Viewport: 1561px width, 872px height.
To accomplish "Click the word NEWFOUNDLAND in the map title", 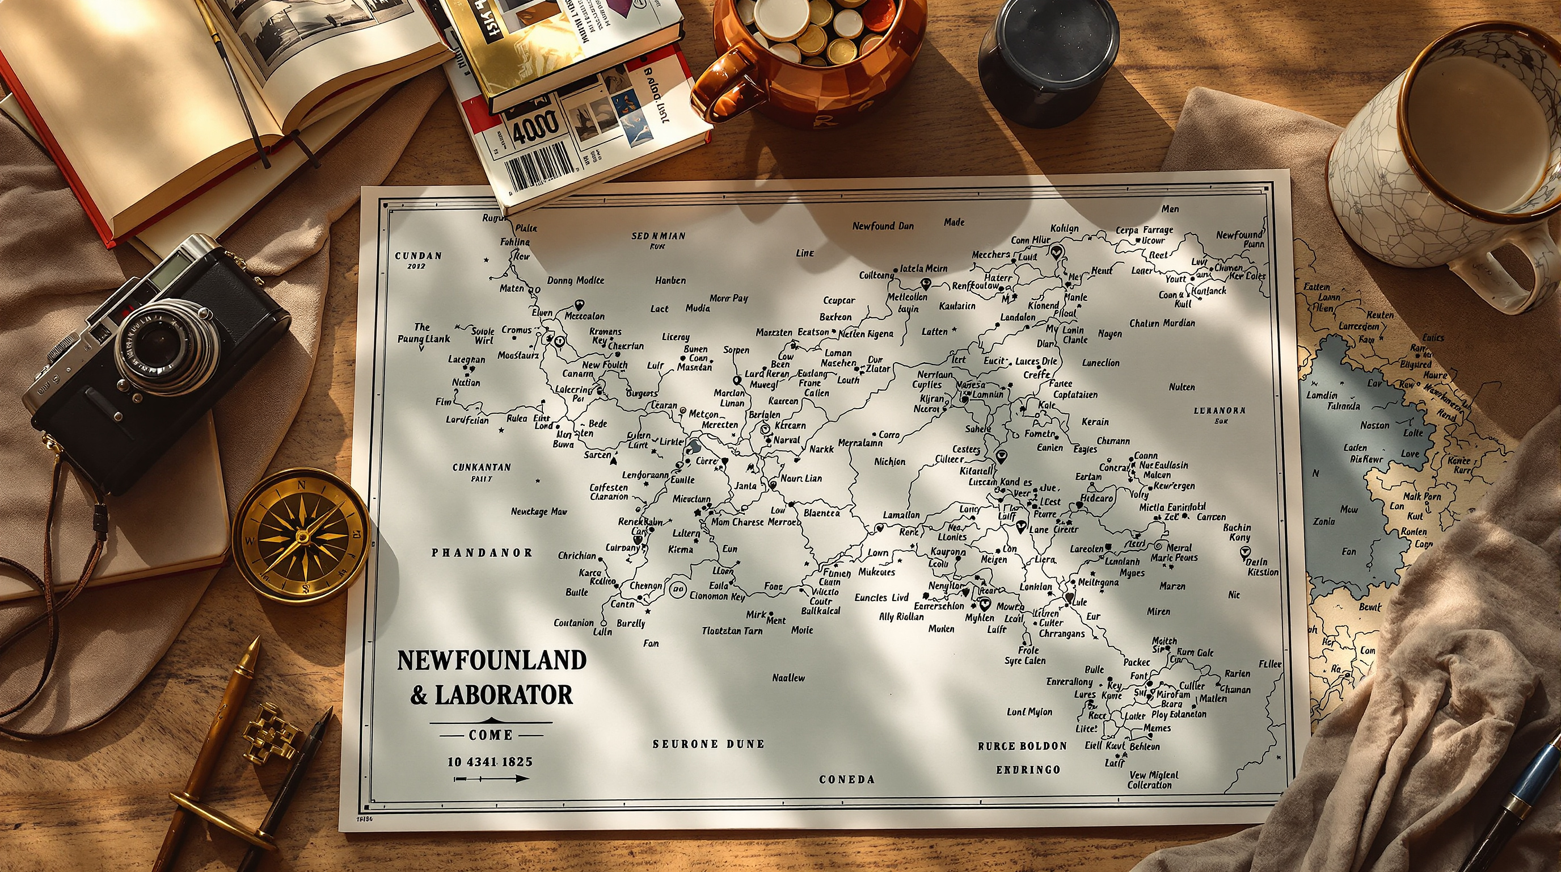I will pos(491,660).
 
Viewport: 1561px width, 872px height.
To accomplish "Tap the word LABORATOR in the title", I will pos(504,695).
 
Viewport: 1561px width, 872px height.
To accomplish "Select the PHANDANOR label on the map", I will pos(482,552).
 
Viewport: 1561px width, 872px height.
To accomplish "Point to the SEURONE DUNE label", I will pos(708,744).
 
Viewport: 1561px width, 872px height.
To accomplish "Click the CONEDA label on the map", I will pos(846,779).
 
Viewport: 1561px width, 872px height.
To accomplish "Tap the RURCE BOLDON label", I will pos(1022,746).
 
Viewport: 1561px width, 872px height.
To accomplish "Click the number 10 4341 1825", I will pos(490,762).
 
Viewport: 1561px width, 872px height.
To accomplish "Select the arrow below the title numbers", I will pos(491,778).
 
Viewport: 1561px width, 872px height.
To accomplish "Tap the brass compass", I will pos(301,536).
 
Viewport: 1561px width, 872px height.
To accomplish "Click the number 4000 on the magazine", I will pos(535,126).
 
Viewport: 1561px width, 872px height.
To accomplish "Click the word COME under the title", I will pos(491,735).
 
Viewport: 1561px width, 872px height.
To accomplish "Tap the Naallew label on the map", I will pos(788,677).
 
